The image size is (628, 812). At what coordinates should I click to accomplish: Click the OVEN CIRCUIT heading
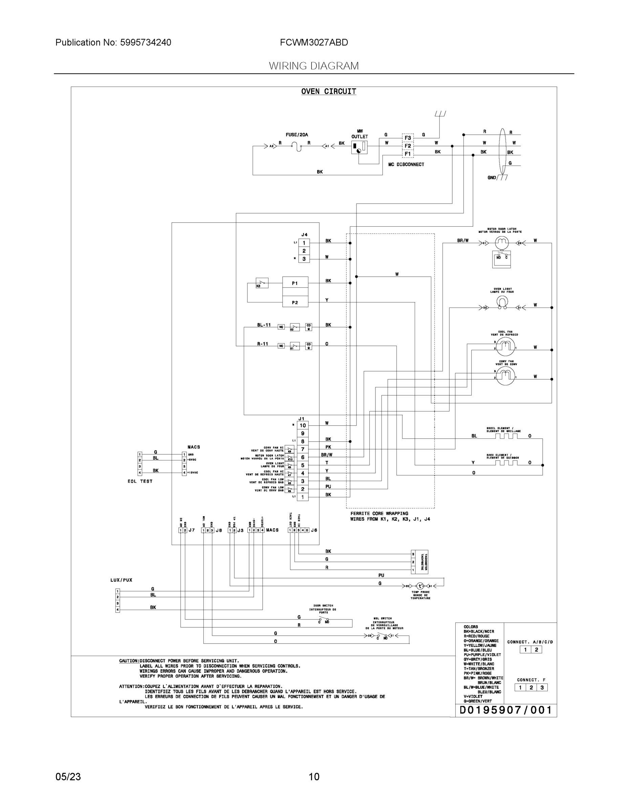click(328, 91)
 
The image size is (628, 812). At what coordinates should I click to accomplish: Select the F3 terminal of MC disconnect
click(408, 138)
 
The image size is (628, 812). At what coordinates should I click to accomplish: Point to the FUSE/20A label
click(297, 135)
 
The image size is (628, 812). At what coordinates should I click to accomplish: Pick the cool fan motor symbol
click(505, 347)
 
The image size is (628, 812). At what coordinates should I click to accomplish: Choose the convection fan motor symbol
click(505, 377)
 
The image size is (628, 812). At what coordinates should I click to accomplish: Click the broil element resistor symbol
click(506, 436)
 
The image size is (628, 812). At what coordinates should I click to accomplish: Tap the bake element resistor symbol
click(506, 463)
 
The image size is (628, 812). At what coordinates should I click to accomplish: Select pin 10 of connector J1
click(303, 425)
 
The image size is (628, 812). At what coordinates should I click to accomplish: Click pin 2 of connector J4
click(304, 251)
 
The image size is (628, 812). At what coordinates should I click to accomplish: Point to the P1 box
click(295, 283)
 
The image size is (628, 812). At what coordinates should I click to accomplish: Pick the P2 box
click(295, 302)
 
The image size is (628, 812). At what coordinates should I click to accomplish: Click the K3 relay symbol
click(262, 283)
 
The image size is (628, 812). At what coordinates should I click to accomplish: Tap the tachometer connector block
click(419, 562)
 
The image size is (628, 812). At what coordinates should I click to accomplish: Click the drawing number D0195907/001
click(505, 710)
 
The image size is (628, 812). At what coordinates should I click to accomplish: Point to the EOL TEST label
click(140, 481)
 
